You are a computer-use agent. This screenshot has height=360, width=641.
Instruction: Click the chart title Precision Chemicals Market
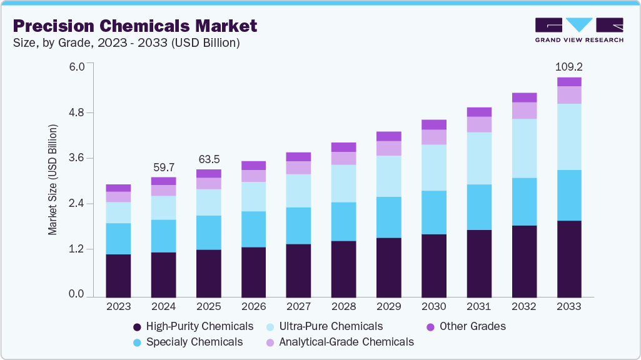[x=134, y=26]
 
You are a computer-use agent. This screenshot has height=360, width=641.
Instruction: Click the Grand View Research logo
[x=579, y=30]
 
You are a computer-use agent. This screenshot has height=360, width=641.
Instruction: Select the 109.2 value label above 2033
[x=569, y=66]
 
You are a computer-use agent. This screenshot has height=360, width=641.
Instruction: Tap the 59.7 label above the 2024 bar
[x=163, y=167]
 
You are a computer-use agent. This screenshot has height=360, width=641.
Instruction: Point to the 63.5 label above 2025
[x=208, y=159]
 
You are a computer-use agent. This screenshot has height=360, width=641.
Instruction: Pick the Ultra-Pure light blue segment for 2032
[x=524, y=148]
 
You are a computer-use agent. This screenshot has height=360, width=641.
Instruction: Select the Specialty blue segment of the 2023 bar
[x=118, y=239]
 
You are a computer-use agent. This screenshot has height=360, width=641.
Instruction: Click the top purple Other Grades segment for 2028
[x=344, y=147]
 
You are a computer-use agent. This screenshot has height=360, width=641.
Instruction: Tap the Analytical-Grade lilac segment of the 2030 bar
[x=434, y=137]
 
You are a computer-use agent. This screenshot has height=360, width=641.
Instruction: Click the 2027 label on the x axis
[x=298, y=307]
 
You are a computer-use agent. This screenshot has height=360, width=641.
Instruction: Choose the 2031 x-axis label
[x=479, y=307]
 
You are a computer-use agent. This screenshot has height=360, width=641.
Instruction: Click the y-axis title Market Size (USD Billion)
[x=53, y=180]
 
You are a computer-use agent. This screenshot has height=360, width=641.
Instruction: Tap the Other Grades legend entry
[x=472, y=326]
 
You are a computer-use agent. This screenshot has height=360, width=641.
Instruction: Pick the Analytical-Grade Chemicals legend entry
[x=346, y=342]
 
